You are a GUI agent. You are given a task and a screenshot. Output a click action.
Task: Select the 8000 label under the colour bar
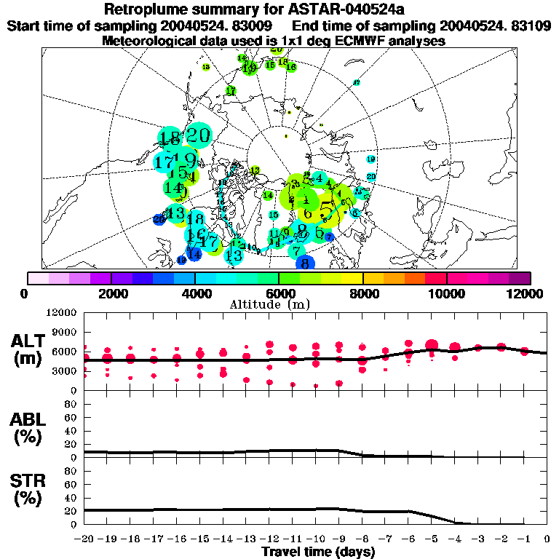(x=362, y=293)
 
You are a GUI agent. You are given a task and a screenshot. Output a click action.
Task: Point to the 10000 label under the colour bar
(x=445, y=293)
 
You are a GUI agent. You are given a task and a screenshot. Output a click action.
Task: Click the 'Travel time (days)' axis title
(x=318, y=552)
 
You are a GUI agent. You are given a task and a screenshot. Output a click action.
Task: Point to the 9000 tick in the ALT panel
(x=65, y=331)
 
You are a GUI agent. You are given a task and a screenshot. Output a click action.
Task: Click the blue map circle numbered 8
(x=306, y=263)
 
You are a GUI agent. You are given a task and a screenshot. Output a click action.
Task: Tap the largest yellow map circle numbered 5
(x=328, y=211)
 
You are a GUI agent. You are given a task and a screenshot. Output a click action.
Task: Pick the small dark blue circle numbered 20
(x=159, y=219)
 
